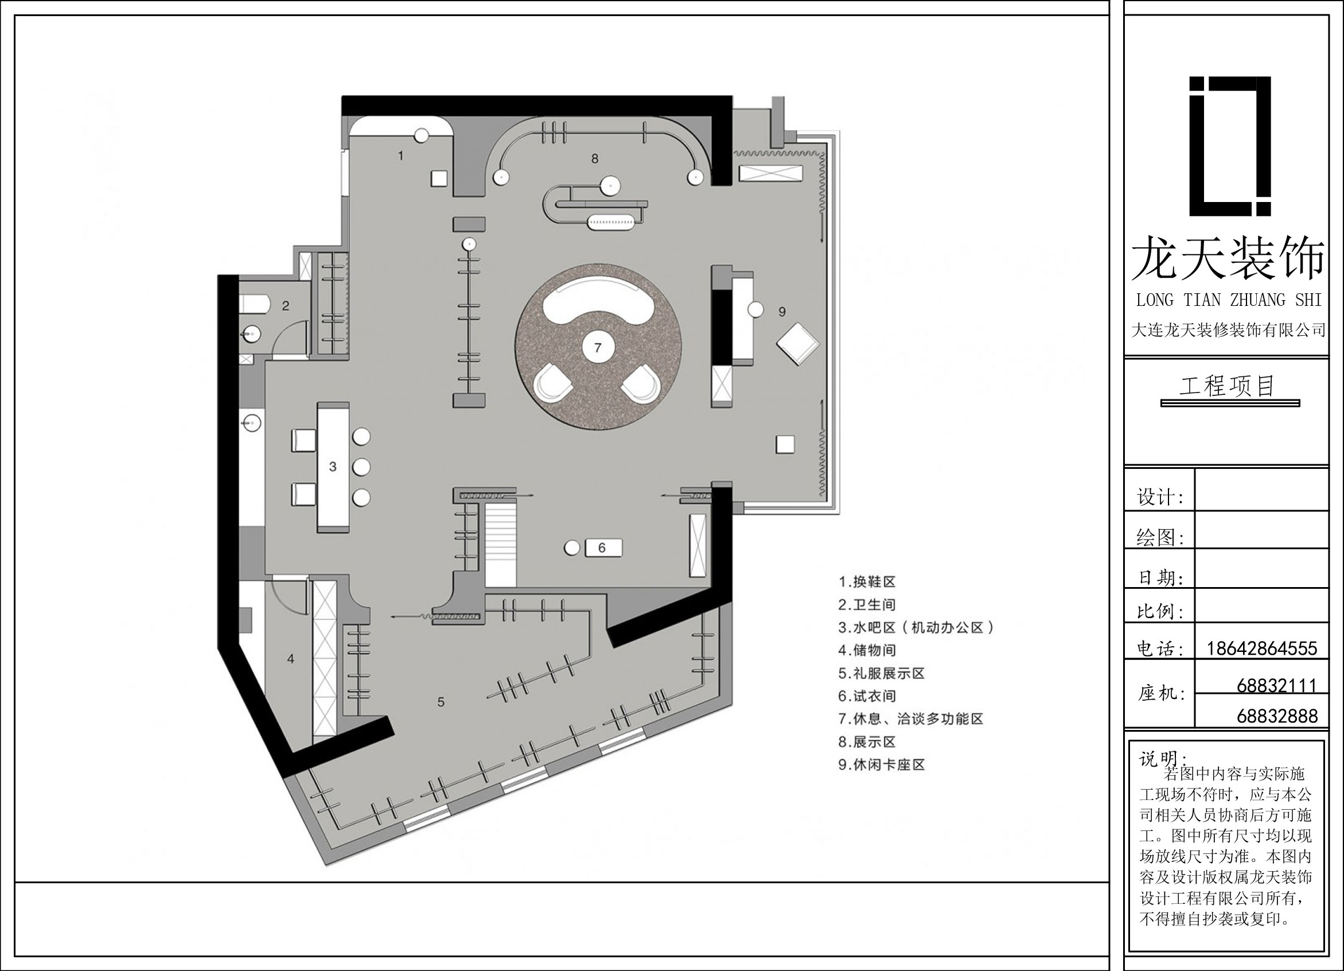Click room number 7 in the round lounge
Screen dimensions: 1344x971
click(598, 348)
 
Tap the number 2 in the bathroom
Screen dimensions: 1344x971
click(286, 306)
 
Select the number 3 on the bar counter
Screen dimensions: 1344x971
click(333, 467)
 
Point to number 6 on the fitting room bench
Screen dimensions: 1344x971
click(602, 547)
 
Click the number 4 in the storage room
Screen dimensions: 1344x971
click(290, 659)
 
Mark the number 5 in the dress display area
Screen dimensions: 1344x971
click(441, 702)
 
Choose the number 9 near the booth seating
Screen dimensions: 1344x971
click(782, 311)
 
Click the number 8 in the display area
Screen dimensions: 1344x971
click(595, 158)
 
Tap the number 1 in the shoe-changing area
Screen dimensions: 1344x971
click(400, 156)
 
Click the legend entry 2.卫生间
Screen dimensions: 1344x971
click(867, 605)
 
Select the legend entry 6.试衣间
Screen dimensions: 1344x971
click(867, 696)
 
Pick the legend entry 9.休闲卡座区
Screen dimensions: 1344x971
click(882, 765)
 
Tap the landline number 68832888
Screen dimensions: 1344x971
click(1277, 716)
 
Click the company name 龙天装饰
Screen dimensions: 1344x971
click(1228, 259)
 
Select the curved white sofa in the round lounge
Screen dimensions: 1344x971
click(598, 300)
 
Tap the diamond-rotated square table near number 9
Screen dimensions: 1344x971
click(799, 344)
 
